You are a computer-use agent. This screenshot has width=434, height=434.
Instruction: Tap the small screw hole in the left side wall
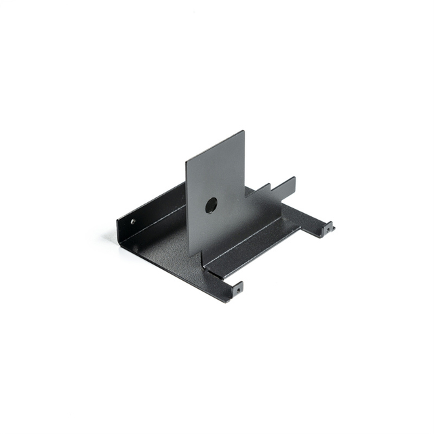click(133, 221)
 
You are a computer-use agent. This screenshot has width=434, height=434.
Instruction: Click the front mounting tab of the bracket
click(235, 290)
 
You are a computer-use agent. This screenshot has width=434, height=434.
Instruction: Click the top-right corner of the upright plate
click(243, 132)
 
